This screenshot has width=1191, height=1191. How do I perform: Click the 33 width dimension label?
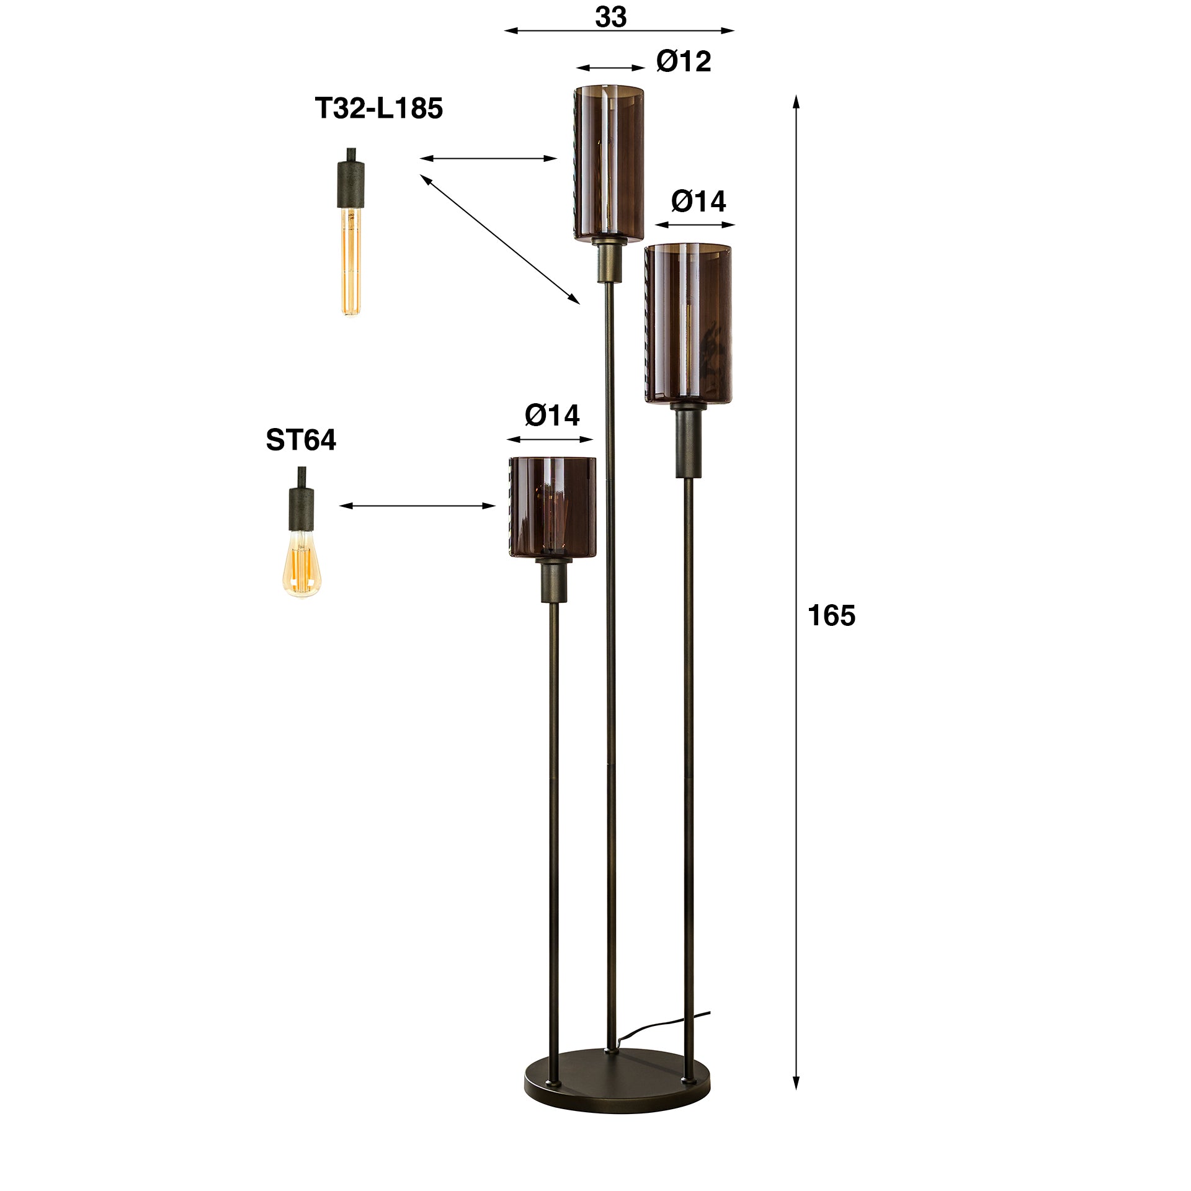(x=610, y=17)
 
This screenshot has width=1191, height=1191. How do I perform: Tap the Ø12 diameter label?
(x=684, y=61)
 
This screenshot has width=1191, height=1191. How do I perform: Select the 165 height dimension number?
(x=831, y=616)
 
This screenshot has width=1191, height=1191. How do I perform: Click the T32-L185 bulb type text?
(x=379, y=108)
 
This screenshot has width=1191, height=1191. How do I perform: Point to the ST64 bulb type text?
(x=301, y=440)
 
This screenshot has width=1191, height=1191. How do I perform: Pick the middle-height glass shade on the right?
(x=688, y=323)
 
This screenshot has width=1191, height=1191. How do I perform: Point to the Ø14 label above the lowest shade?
(x=552, y=415)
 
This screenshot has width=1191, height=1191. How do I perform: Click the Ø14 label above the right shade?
(x=698, y=202)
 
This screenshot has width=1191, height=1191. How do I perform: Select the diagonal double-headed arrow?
(x=500, y=239)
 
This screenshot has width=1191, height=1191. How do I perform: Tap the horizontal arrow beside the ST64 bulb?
(x=417, y=506)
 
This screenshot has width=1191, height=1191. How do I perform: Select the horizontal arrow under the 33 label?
(x=619, y=30)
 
